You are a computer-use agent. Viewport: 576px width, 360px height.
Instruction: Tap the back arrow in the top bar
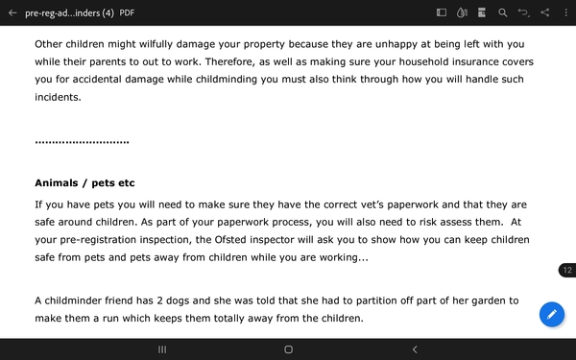click(x=12, y=12)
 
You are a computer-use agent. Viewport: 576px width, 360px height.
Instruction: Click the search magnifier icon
click(x=502, y=12)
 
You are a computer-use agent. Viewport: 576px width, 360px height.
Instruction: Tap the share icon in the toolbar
click(x=544, y=12)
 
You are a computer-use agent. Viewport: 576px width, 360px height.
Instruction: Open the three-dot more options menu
click(x=564, y=12)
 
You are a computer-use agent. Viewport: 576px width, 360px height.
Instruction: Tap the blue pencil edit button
click(x=551, y=314)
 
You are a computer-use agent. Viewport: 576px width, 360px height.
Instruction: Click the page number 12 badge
click(x=567, y=272)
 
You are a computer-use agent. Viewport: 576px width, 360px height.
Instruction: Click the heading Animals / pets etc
click(x=84, y=182)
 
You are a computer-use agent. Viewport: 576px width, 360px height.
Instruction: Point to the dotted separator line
click(x=82, y=143)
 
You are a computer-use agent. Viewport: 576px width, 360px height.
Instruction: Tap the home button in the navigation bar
click(x=288, y=349)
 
